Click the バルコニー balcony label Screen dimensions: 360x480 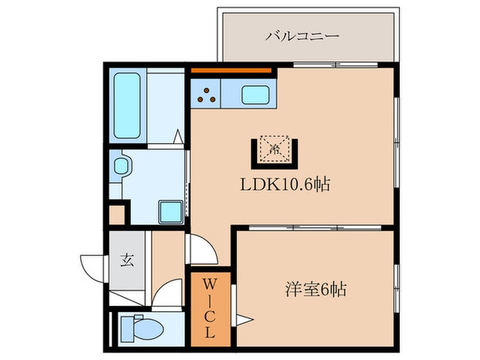pyautogui.click(x=302, y=36)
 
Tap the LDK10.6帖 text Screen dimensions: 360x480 pyautogui.click(x=285, y=184)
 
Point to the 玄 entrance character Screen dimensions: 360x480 pyautogui.click(x=128, y=260)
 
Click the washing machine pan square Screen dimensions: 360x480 pyautogui.click(x=169, y=212)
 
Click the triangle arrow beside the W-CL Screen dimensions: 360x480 pyautogui.click(x=245, y=318)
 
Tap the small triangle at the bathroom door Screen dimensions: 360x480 pyautogui.click(x=178, y=137)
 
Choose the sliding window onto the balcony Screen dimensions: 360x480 pyautogui.click(x=336, y=65)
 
